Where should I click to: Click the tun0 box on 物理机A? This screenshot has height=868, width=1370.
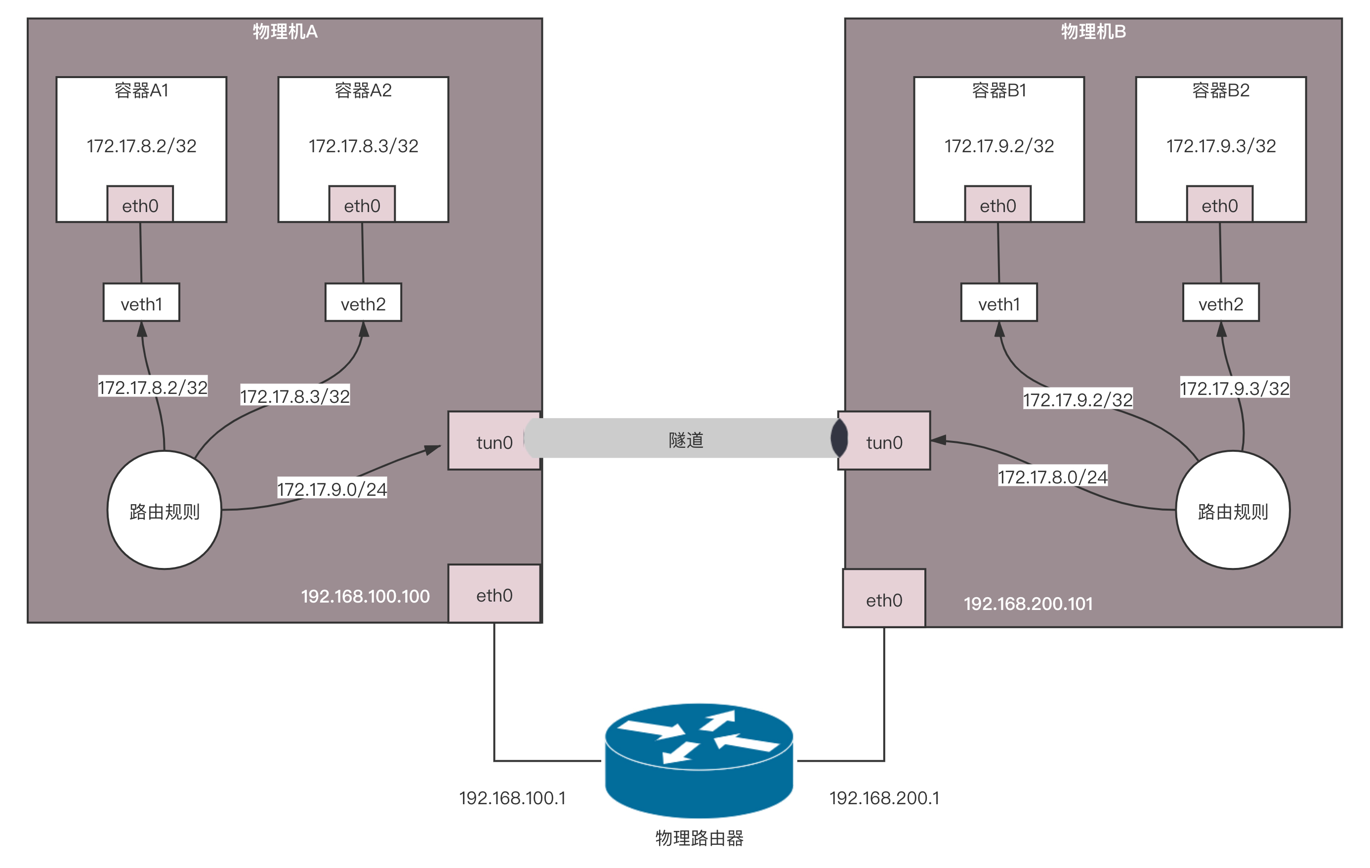point(494,441)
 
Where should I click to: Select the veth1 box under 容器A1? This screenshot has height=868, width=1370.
point(141,303)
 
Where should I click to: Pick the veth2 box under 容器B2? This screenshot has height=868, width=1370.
point(1220,303)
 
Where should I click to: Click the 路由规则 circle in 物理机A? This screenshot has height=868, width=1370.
point(165,510)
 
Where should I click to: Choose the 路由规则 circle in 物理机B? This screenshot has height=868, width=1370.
point(1232,510)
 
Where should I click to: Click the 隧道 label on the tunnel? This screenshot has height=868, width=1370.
point(686,439)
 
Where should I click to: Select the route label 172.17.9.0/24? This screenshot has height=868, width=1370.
point(332,488)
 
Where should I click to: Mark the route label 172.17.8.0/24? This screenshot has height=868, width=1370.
point(1052,476)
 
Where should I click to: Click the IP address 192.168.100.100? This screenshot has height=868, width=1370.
point(365,596)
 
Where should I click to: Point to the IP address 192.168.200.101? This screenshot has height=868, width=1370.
point(1028,604)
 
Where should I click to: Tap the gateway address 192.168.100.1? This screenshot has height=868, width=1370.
point(512,798)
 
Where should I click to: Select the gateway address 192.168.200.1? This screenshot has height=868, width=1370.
point(884,798)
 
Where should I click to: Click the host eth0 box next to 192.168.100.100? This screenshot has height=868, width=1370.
point(494,594)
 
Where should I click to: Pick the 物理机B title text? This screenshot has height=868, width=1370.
point(1093,31)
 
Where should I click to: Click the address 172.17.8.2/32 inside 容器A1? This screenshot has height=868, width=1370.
point(141,146)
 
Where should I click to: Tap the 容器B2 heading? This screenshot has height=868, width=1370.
point(1220,90)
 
